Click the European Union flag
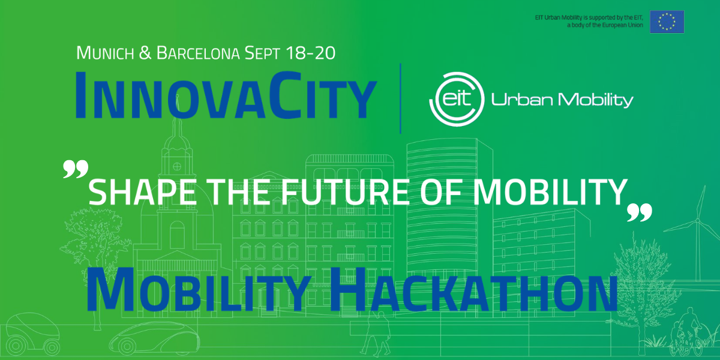click(x=667, y=22)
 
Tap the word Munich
click(x=105, y=53)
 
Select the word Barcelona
click(x=198, y=53)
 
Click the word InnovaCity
click(x=226, y=95)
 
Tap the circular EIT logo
click(x=457, y=100)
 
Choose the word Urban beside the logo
click(x=522, y=100)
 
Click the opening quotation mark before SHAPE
click(x=76, y=169)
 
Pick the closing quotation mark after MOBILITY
click(x=640, y=212)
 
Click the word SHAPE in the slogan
click(x=142, y=192)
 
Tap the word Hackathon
click(x=473, y=290)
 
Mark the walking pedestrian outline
click(x=376, y=332)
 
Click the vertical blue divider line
click(x=401, y=98)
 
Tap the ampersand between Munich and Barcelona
click(x=145, y=53)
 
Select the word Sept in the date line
click(x=262, y=53)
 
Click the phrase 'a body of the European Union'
click(x=605, y=25)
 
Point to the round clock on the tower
click(x=177, y=167)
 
